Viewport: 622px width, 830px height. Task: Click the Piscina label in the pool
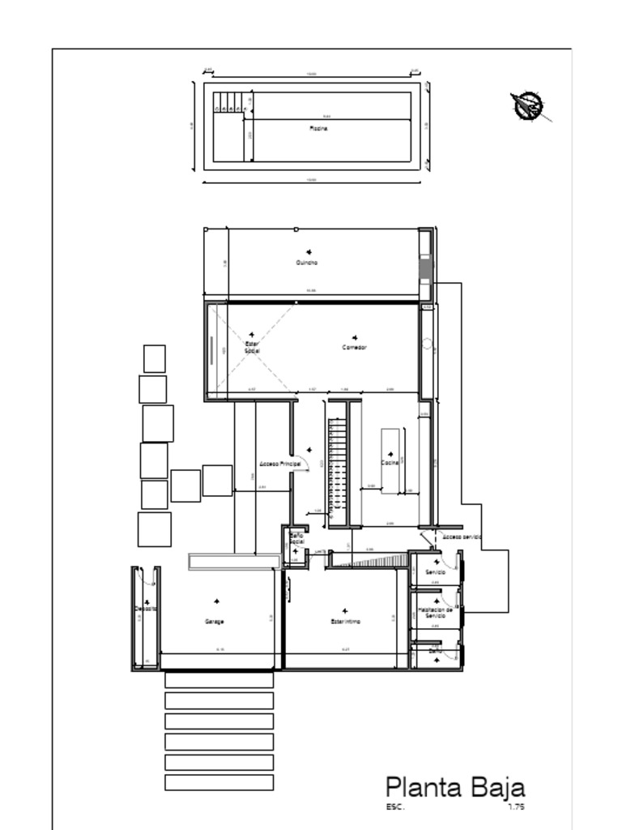317,128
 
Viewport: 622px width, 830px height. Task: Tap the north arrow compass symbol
528,106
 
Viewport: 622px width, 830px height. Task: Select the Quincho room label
307,263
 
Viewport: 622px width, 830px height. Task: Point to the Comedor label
354,347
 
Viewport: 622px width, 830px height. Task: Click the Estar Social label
252,347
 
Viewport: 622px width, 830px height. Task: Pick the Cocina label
390,463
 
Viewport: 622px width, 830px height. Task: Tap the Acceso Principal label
280,464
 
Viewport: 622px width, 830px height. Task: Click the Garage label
214,622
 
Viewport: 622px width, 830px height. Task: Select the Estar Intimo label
346,622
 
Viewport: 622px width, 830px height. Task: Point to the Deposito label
146,608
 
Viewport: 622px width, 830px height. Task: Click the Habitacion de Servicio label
435,612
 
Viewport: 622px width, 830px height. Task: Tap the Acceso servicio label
462,537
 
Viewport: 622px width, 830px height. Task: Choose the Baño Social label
296,538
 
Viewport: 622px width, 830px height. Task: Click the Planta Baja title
454,787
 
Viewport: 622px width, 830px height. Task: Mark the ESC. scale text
395,807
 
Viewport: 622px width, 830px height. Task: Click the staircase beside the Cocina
337,470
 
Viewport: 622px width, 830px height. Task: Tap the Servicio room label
435,572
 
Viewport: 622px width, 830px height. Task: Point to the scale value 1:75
516,807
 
